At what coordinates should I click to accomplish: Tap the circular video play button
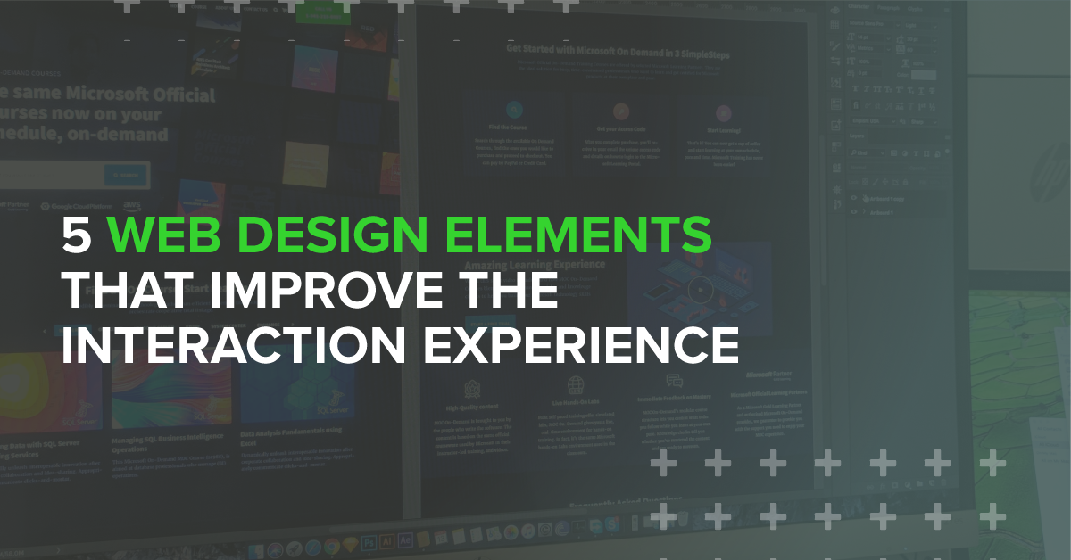point(701,289)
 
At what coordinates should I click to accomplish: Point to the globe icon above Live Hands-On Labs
point(576,384)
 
